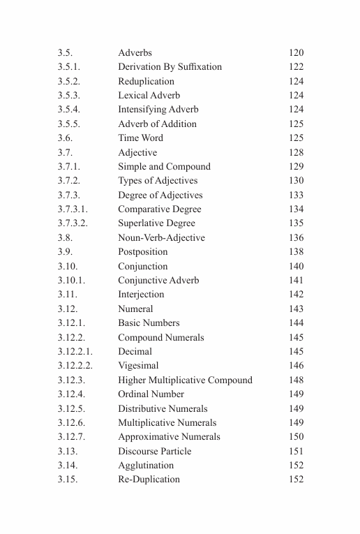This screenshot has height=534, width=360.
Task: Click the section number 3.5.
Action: click(x=65, y=53)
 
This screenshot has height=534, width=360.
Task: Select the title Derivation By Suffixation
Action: click(x=170, y=67)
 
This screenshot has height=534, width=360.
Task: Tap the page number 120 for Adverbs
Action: click(x=296, y=53)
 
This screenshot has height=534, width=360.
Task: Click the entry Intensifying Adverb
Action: click(x=158, y=110)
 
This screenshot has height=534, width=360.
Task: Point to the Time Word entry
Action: click(x=140, y=138)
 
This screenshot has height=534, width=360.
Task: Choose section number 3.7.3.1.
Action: click(x=73, y=209)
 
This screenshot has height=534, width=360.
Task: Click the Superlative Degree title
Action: click(x=156, y=223)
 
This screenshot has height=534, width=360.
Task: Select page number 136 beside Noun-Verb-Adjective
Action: click(x=296, y=238)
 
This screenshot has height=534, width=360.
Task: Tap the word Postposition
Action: click(x=142, y=252)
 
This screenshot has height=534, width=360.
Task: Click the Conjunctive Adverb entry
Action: click(x=158, y=281)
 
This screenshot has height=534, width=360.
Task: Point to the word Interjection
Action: click(x=141, y=295)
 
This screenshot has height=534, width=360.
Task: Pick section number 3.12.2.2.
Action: click(x=75, y=366)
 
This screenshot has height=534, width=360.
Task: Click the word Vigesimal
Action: click(x=138, y=366)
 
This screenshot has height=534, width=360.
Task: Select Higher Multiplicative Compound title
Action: click(x=185, y=380)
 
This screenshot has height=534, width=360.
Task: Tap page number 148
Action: click(x=296, y=380)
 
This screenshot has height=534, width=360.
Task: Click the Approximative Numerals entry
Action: click(x=169, y=437)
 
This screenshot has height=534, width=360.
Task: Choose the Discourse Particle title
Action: click(x=154, y=452)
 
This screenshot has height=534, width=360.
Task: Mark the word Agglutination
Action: click(x=146, y=466)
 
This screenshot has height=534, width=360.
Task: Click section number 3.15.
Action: click(x=68, y=480)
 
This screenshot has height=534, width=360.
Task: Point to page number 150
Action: click(x=296, y=437)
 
